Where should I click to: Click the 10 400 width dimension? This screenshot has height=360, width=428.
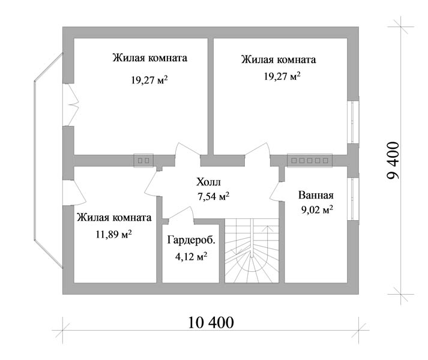[211, 322]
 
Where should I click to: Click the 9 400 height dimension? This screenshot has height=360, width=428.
[393, 160]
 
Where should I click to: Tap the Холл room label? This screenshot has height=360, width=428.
[208, 182]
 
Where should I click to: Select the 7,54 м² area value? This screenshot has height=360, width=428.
[214, 196]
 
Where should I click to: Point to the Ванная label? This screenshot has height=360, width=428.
[316, 195]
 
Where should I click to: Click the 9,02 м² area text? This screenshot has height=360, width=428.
[317, 209]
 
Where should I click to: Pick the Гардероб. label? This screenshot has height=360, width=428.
[191, 240]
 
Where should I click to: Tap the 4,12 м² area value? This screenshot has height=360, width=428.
[191, 257]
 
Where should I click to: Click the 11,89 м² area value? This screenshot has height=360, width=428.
[113, 234]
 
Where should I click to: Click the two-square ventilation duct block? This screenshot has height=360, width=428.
[143, 160]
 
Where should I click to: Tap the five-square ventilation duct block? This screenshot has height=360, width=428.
[310, 160]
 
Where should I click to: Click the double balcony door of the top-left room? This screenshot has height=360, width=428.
[70, 104]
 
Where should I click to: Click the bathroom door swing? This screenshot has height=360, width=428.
[276, 191]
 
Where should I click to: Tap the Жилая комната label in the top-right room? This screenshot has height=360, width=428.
[279, 59]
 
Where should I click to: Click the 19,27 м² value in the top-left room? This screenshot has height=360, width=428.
[149, 80]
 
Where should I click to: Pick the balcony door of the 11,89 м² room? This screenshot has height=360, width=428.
[74, 193]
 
